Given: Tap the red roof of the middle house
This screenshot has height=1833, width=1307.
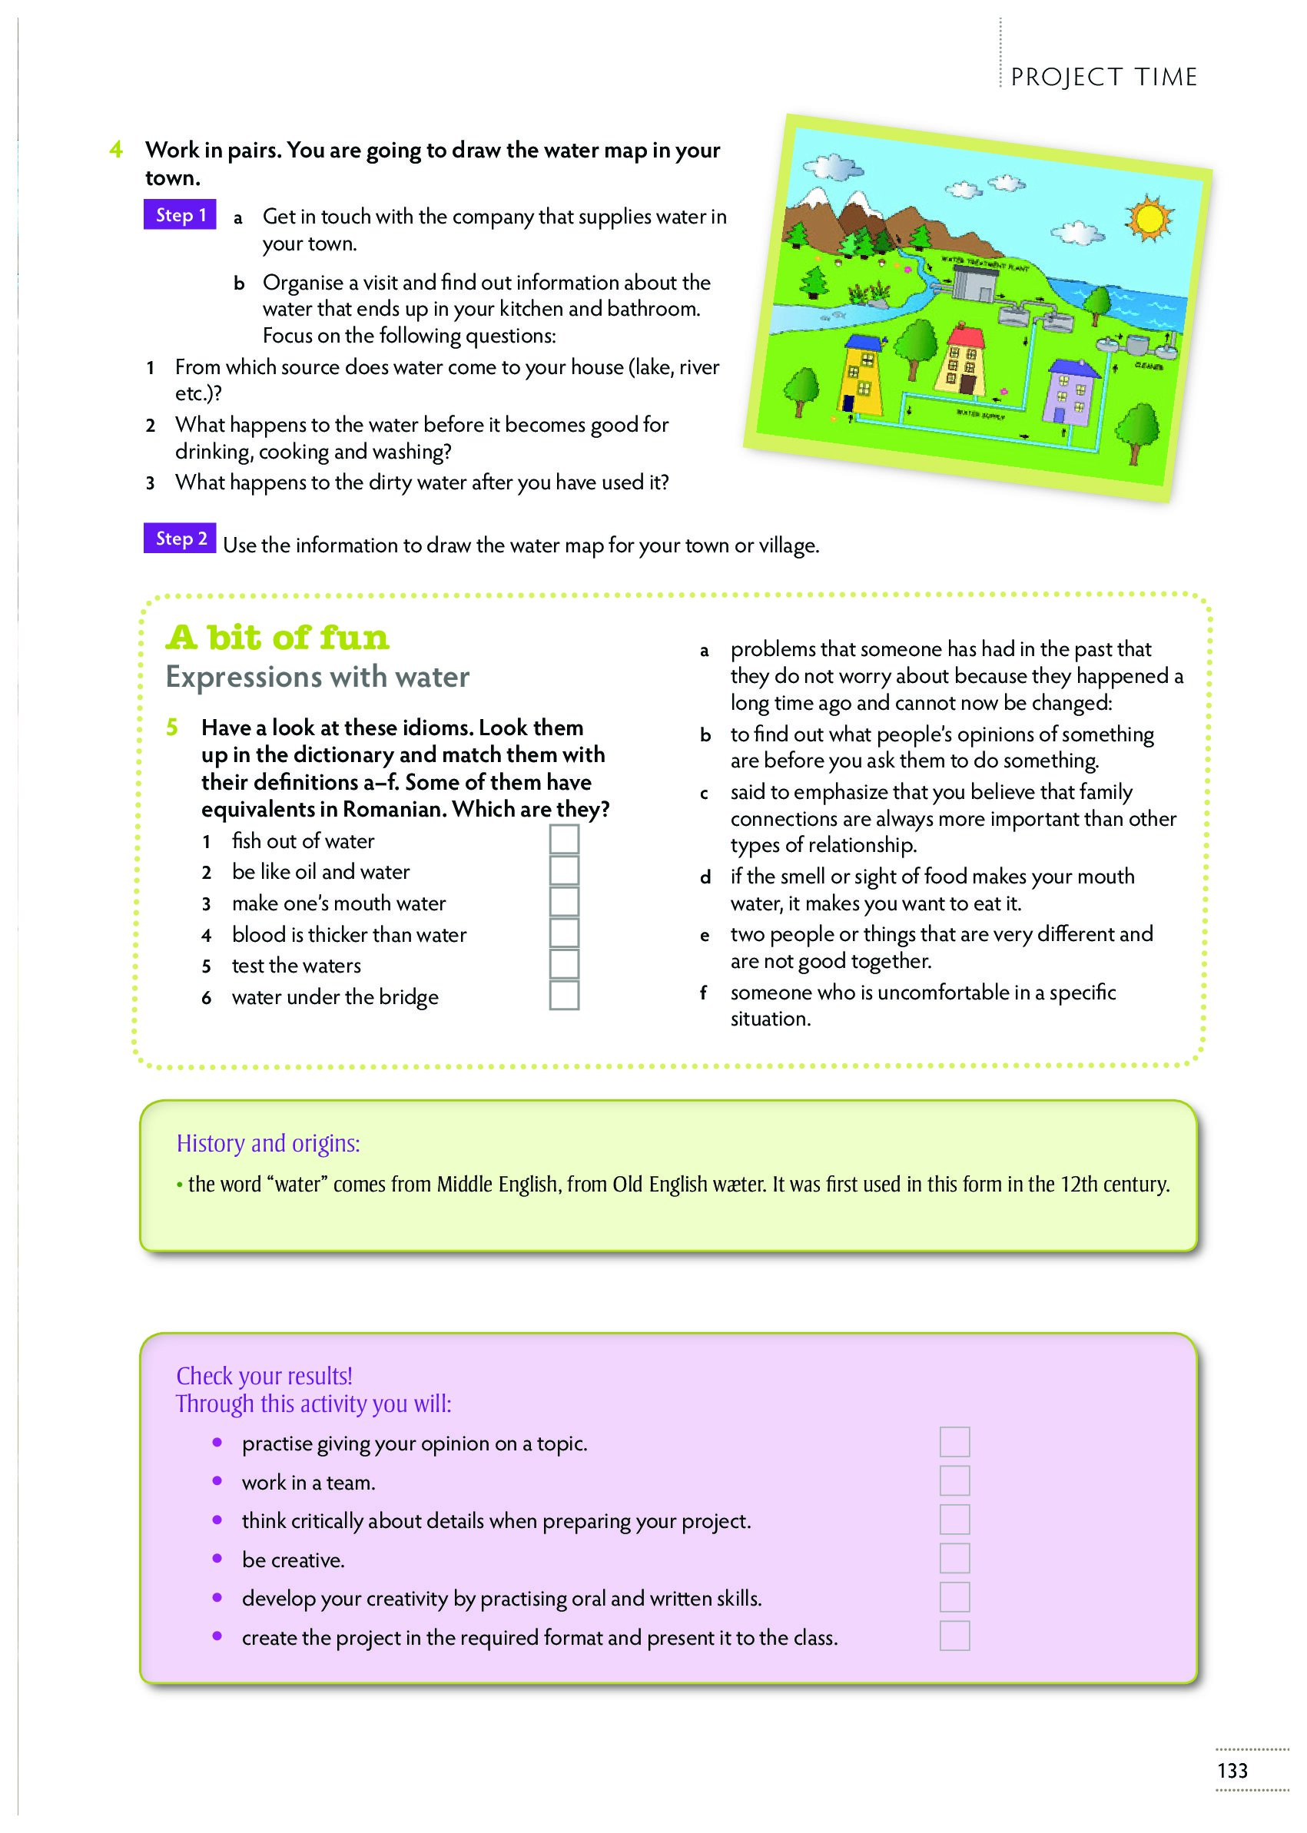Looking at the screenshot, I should (966, 335).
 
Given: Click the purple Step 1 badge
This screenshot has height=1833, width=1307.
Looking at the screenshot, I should (181, 215).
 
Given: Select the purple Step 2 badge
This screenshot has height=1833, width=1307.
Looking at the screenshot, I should (181, 539).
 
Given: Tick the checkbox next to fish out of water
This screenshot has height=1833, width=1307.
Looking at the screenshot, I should (564, 839).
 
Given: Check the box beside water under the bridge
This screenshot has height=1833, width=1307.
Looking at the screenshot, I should (564, 996).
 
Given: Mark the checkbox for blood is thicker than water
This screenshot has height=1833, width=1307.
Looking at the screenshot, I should (564, 933).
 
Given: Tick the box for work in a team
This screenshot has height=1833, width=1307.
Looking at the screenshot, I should (954, 1480).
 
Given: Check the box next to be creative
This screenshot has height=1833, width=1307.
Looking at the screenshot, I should (954, 1559).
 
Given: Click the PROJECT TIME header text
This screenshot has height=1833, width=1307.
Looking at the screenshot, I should (1104, 78).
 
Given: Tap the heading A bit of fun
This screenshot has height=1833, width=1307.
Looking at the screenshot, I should (277, 638).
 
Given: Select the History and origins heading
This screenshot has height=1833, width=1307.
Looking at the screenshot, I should (268, 1143).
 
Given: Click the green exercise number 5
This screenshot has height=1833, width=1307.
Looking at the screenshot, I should (172, 728).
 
